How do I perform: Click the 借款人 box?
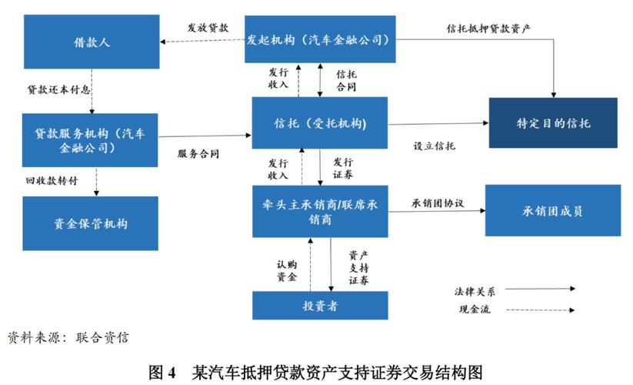tap(90, 42)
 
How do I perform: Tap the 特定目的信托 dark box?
tap(553, 123)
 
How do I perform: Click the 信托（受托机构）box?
tap(320, 123)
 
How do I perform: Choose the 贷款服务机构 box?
tap(90, 139)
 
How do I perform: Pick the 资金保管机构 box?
tap(90, 223)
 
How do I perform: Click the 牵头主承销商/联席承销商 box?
tap(320, 211)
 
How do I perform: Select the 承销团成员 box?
tap(552, 210)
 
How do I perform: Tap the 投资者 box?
tap(320, 306)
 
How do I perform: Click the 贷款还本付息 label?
tap(59, 89)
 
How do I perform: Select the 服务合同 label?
tap(198, 153)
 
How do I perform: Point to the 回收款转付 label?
tap(52, 181)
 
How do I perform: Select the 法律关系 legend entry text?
tap(475, 292)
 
